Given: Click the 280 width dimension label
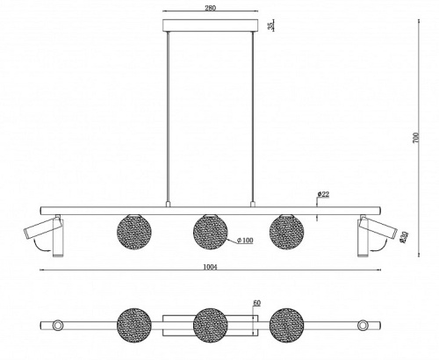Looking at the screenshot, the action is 210,8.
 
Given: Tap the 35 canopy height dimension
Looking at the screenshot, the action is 271,25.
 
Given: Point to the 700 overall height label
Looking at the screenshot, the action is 416,138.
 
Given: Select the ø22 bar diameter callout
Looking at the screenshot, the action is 323,194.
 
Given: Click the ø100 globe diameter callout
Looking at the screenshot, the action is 245,241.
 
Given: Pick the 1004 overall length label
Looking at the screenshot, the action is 210,267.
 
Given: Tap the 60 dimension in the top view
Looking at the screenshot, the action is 256,303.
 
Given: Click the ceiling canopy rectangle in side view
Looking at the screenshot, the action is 211,25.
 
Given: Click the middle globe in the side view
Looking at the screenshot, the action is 211,232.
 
